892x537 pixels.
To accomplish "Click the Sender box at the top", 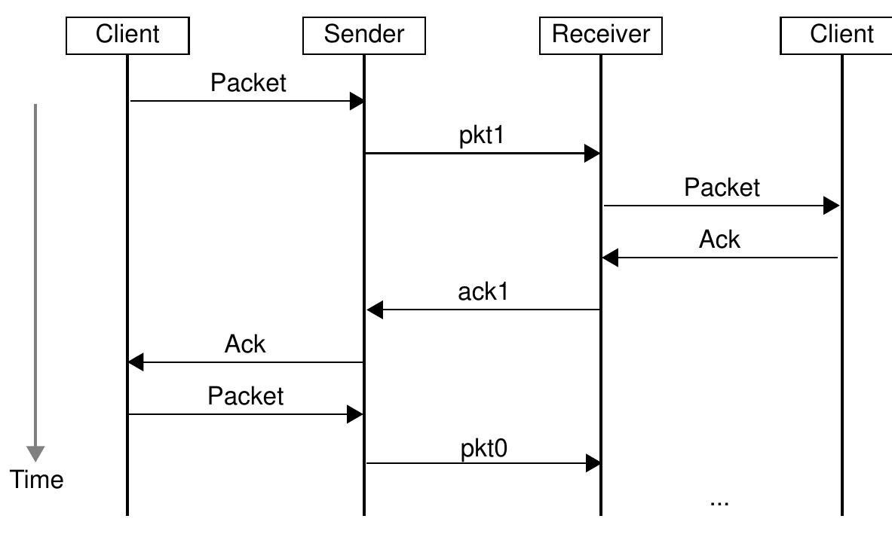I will pos(363,35).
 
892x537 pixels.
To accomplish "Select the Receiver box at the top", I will pos(600,35).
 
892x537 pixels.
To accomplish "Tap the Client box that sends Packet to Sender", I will pos(127,35).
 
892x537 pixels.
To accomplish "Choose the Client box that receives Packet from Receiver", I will pos(841,35).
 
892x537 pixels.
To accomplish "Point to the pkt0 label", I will pos(484,448).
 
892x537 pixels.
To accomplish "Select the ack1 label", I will pos(483,291).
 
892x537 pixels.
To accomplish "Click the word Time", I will pos(36,480).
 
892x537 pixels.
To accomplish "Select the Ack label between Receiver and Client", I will pos(719,240).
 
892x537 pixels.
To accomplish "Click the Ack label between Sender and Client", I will pos(245,344).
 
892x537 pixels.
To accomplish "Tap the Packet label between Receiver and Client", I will pos(722,187).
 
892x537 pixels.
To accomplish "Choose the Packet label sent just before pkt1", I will pos(248,83).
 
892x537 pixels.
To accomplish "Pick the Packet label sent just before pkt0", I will pos(246,395).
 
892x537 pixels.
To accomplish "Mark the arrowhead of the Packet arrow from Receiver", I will pos(831,206).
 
